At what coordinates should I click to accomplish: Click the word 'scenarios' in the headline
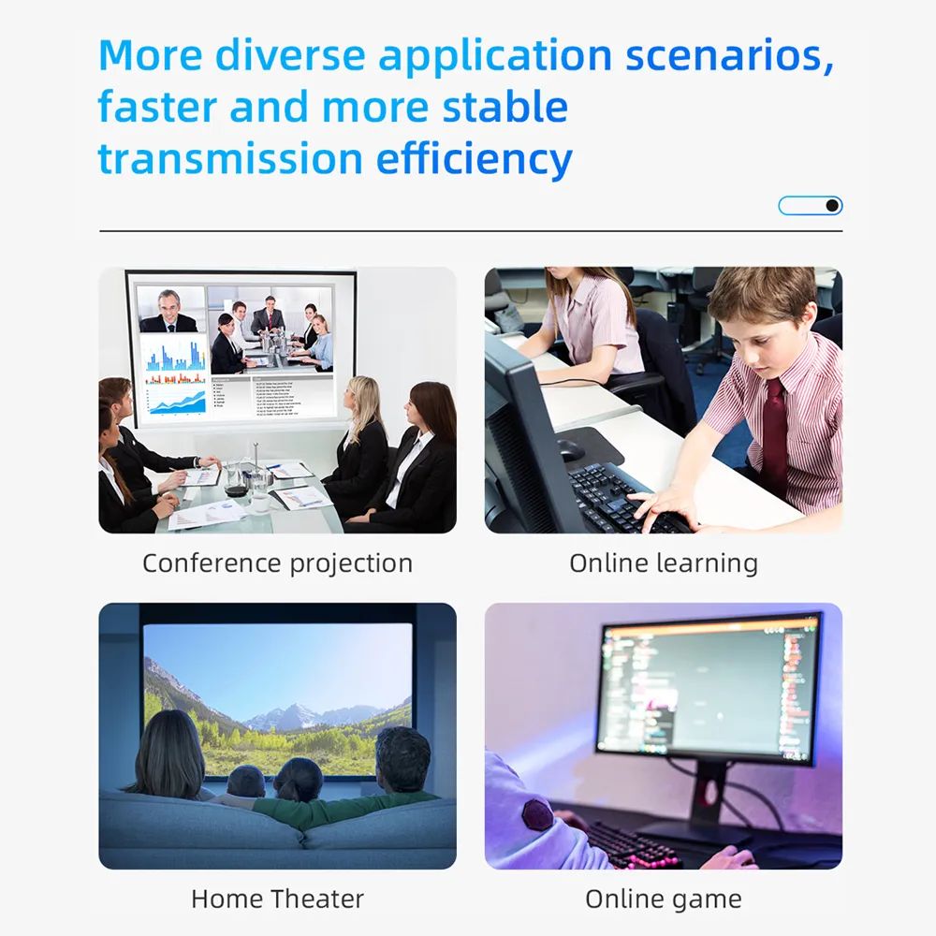[729, 55]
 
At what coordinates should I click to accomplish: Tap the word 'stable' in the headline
[505, 107]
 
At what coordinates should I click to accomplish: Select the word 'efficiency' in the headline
[474, 160]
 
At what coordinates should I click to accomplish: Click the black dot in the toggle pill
[832, 205]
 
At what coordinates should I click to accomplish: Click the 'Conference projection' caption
[278, 563]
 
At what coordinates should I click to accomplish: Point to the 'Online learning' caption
[664, 563]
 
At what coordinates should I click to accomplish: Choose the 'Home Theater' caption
[278, 899]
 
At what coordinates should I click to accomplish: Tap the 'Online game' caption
[664, 899]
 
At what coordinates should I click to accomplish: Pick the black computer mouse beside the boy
[570, 449]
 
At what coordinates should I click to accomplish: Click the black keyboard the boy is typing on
[627, 500]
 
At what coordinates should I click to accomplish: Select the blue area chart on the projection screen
[177, 402]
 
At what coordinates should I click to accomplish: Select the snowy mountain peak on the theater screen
[299, 713]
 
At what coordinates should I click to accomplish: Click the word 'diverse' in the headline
[290, 55]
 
